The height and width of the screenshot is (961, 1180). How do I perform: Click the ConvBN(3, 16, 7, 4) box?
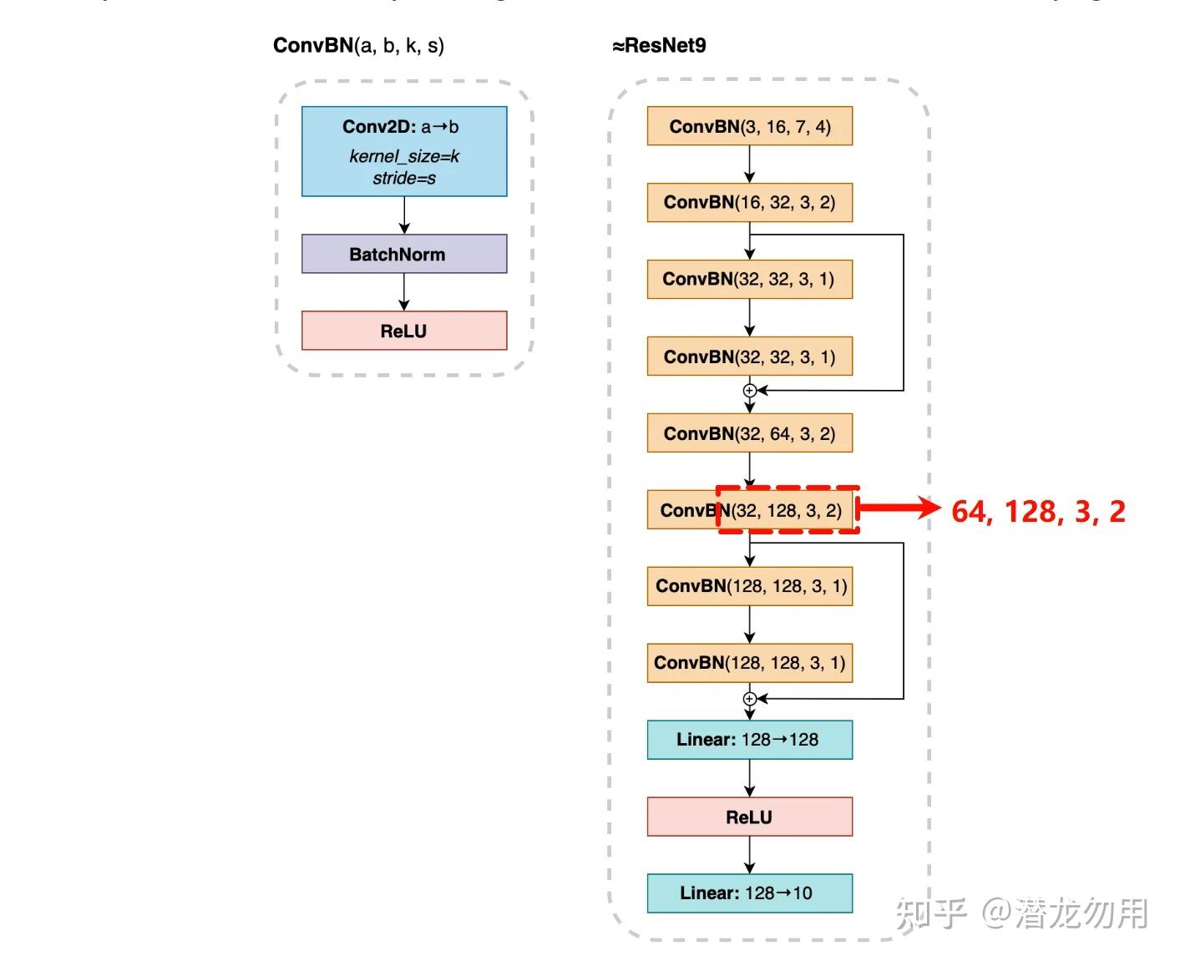pyautogui.click(x=749, y=126)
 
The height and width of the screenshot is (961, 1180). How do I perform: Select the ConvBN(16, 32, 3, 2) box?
pyautogui.click(x=749, y=202)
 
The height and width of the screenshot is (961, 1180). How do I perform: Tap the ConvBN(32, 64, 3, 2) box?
pyautogui.click(x=749, y=433)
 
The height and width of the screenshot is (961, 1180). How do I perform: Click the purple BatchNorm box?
pyautogui.click(x=404, y=254)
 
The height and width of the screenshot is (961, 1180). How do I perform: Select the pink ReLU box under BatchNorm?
pyautogui.click(x=404, y=331)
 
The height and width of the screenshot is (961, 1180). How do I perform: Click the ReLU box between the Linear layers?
pyautogui.click(x=749, y=817)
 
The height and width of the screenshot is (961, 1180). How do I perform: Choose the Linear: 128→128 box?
pyautogui.click(x=749, y=740)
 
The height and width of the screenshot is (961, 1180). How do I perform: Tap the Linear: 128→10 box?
pyautogui.click(x=749, y=893)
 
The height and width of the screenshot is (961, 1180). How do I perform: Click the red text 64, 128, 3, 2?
pyautogui.click(x=1038, y=511)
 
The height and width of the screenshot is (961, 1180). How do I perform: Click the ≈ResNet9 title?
pyautogui.click(x=659, y=46)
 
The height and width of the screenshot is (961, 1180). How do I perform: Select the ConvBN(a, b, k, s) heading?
pyautogui.click(x=358, y=46)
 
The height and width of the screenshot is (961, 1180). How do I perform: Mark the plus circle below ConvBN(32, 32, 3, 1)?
pyautogui.click(x=750, y=390)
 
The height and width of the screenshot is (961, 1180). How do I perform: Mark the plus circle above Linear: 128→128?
pyautogui.click(x=750, y=699)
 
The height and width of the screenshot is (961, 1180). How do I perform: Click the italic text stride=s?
pyautogui.click(x=404, y=178)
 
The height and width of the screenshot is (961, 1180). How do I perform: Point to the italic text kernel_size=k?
pyautogui.click(x=404, y=156)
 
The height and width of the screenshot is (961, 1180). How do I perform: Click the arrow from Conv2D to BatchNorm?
pyautogui.click(x=404, y=215)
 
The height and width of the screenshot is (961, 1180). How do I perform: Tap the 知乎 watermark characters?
pyautogui.click(x=930, y=913)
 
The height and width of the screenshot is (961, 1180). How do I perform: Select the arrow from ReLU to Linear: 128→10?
pyautogui.click(x=750, y=855)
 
